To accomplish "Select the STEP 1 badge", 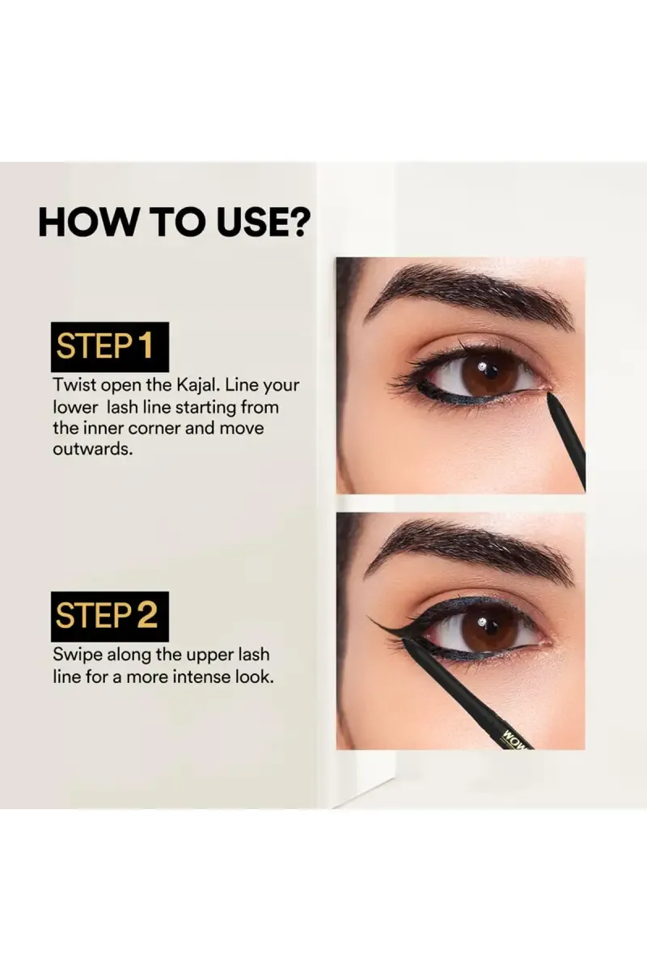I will pyautogui.click(x=110, y=347).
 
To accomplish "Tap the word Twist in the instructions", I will pyautogui.click(x=74, y=386).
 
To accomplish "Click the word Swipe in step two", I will pyautogui.click(x=76, y=655).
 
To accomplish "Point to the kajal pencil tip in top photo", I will pyautogui.click(x=552, y=396).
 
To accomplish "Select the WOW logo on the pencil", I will pyautogui.click(x=514, y=739).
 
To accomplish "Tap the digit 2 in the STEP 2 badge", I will pyautogui.click(x=146, y=617).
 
